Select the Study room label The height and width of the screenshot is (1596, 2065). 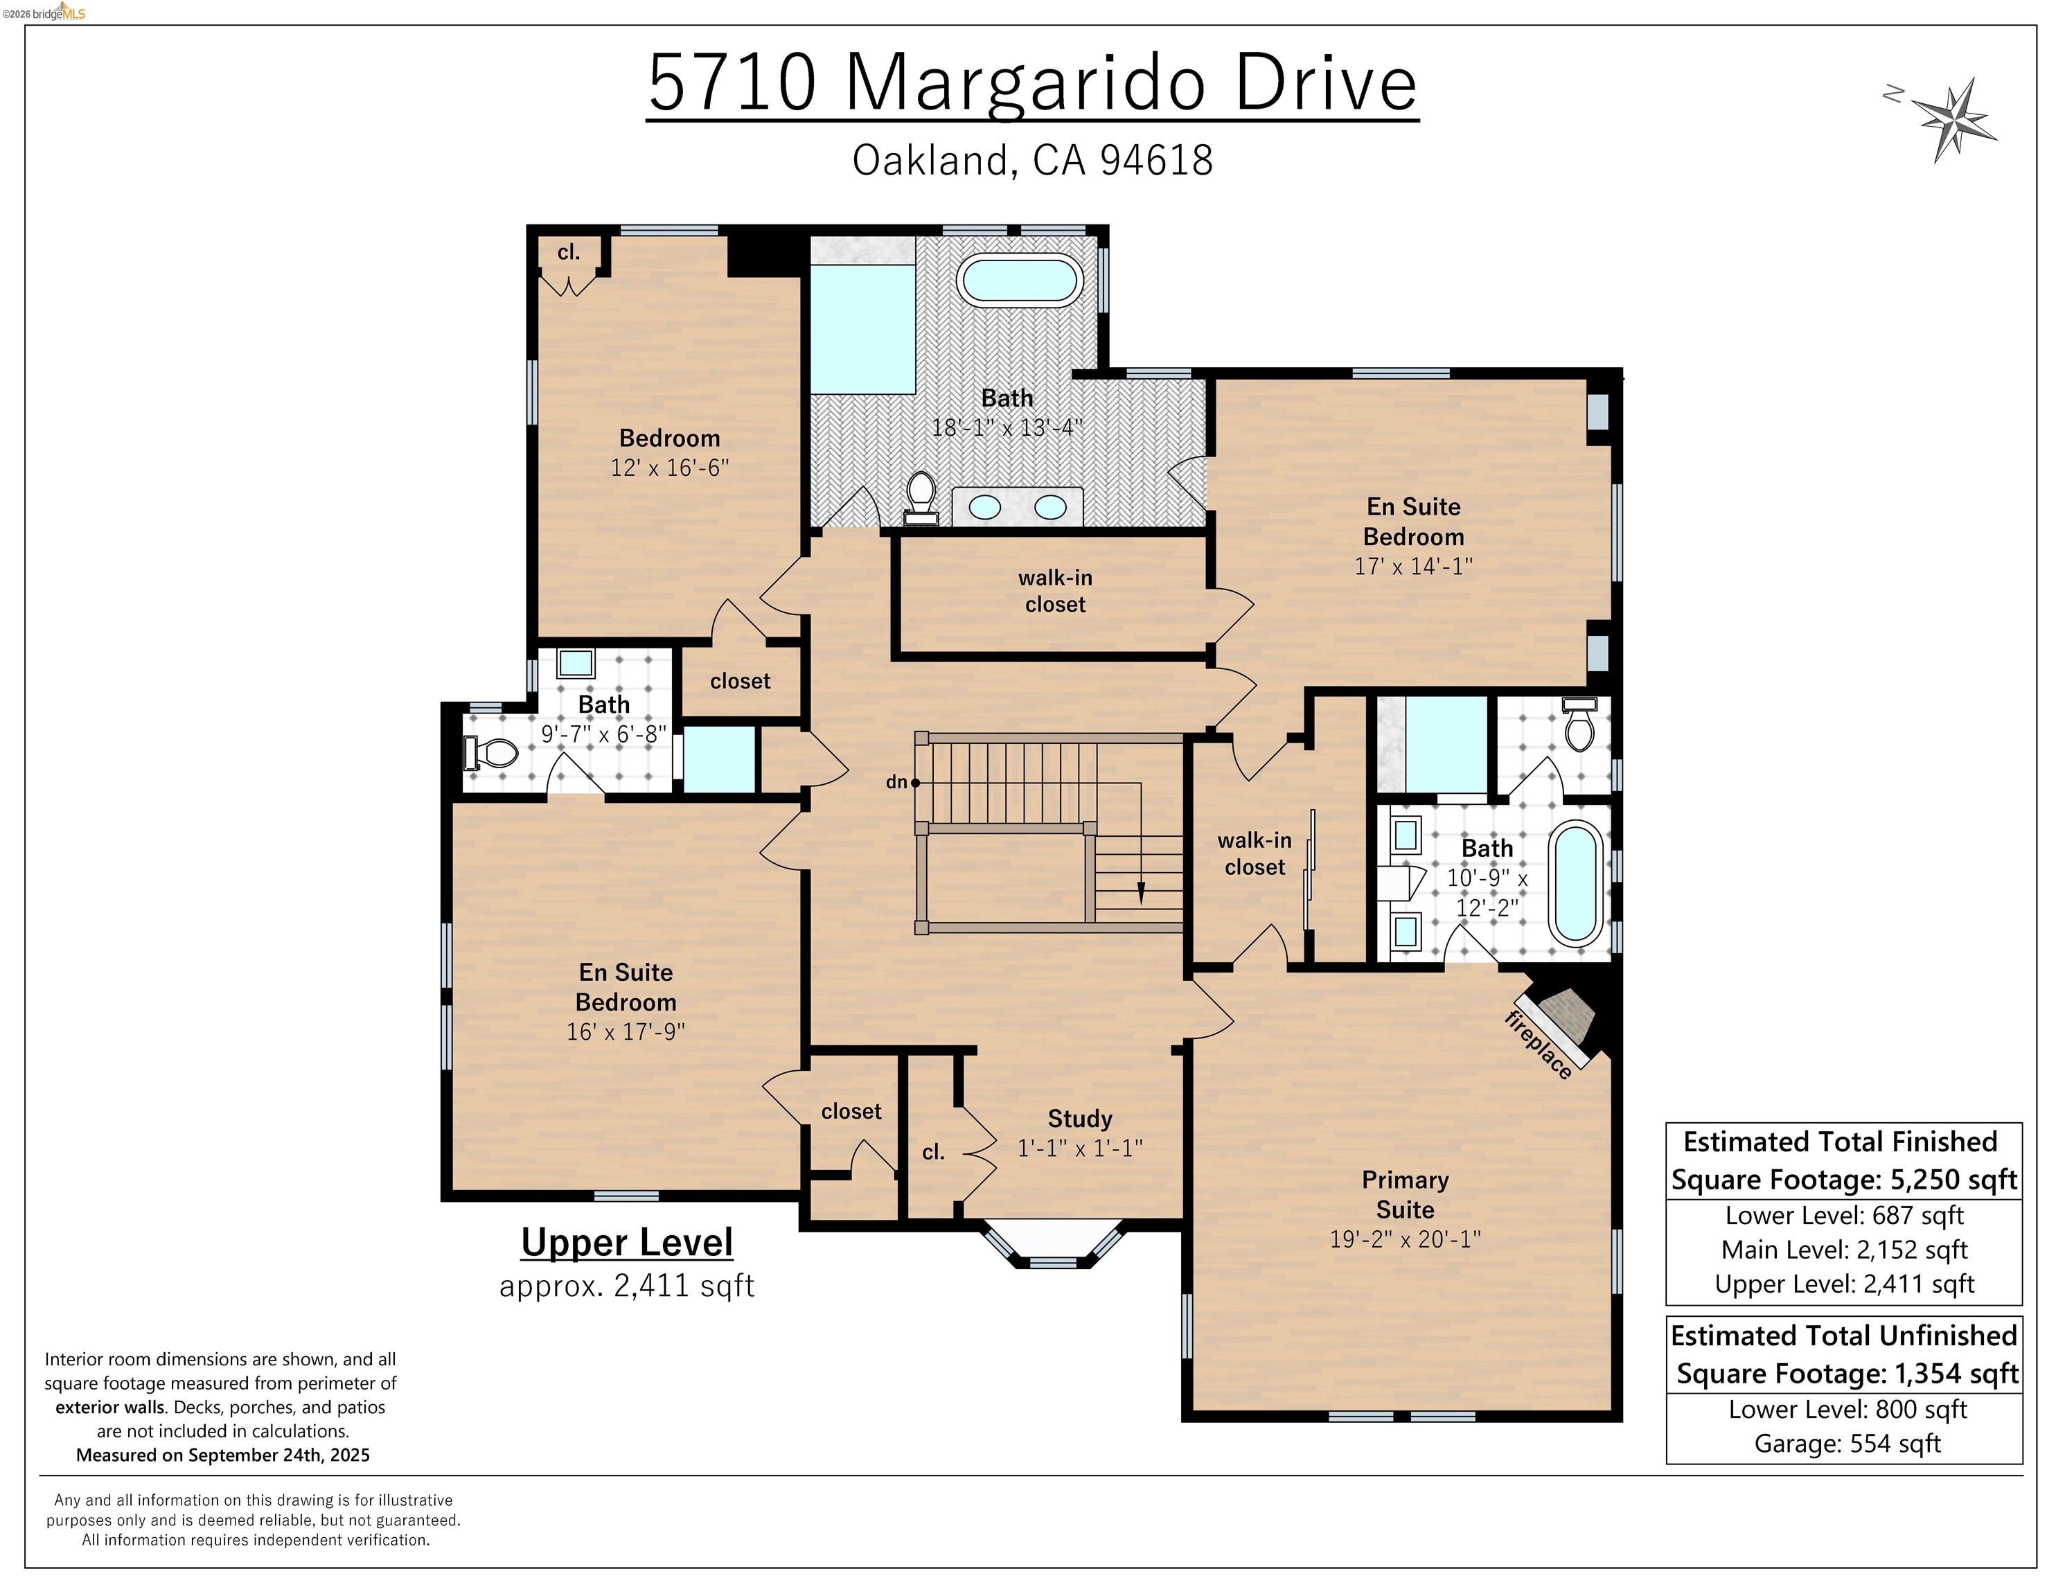1080,1119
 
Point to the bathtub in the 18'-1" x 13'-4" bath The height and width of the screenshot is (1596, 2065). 1019,279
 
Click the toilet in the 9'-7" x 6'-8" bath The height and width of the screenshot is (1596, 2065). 493,752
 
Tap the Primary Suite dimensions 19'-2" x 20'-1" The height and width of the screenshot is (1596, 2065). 1405,1239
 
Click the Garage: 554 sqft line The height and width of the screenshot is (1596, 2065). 1847,1444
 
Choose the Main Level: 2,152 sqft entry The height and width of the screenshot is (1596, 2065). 1844,1250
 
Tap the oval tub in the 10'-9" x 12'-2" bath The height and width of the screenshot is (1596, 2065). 1576,884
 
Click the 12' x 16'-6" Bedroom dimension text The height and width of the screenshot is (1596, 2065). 669,467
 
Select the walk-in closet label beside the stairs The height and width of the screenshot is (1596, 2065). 1254,854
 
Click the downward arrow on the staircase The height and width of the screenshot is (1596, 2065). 1140,892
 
